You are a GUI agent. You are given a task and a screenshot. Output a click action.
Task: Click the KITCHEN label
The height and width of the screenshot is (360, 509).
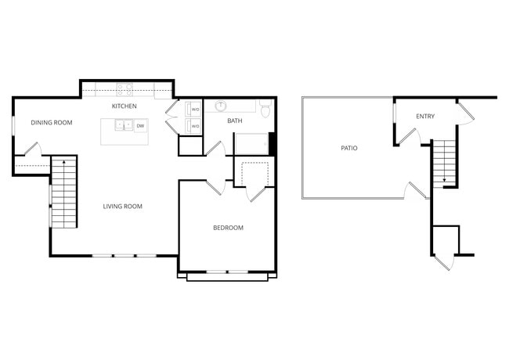point(124,106)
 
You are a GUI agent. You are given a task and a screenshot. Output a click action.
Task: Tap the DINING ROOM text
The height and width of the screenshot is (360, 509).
point(52,122)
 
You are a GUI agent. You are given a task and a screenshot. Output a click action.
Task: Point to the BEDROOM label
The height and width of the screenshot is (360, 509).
point(229,228)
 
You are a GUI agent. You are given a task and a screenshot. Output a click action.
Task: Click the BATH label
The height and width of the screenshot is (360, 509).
point(234,121)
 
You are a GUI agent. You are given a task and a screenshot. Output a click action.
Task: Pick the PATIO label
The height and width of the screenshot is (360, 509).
point(349,147)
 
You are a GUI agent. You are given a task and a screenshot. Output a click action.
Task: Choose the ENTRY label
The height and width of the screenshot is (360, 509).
point(425,117)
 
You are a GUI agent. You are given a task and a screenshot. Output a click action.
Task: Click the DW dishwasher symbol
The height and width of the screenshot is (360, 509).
point(140,125)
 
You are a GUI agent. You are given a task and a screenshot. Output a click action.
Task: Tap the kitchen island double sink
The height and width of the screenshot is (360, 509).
point(123,124)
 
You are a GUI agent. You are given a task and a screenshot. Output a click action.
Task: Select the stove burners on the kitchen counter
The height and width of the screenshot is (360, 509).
point(124,88)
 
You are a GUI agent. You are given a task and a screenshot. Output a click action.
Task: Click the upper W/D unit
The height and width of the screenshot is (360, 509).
point(195,110)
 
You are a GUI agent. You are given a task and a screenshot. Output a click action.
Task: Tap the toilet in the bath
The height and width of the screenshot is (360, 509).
point(265,109)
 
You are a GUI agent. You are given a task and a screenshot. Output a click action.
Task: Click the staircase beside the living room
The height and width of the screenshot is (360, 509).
point(65,192)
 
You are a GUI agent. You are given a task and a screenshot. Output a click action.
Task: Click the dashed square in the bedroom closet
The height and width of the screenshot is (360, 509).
point(254,174)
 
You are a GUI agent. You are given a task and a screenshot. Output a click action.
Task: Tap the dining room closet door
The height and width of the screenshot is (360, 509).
point(30,149)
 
